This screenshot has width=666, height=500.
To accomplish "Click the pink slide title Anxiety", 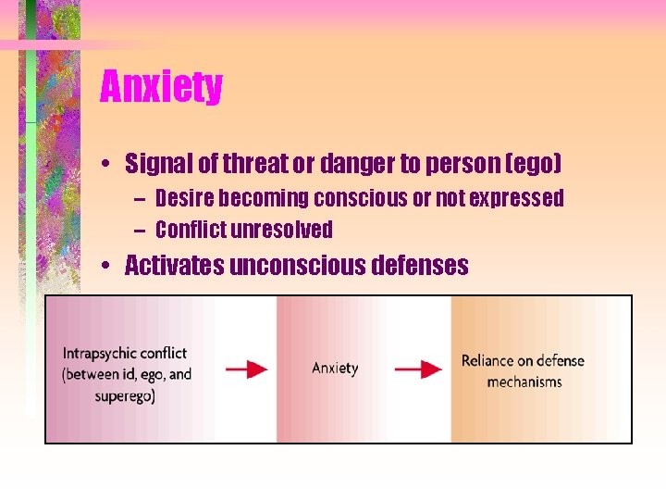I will tap(161, 87).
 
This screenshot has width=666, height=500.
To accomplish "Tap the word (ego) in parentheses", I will tap(528, 165).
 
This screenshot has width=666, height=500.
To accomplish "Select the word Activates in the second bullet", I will tap(174, 267).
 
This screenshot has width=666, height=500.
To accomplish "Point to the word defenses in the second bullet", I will tap(419, 267).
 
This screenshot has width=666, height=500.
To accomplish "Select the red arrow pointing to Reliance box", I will tap(418, 369).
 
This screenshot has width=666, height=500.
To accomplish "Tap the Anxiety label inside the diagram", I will tap(335, 369).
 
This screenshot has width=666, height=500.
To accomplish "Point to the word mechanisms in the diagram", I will tap(524, 382).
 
